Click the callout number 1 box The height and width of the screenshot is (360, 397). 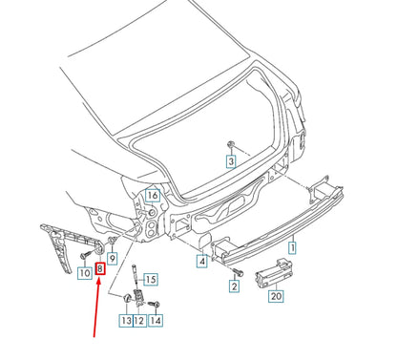[x=293, y=247]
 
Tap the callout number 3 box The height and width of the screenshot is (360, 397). [x=230, y=162]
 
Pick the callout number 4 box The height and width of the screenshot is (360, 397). [x=202, y=260]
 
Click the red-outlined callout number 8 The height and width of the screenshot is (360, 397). [x=101, y=270]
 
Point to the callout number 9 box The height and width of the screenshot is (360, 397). [x=112, y=258]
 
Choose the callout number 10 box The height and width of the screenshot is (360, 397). [x=84, y=270]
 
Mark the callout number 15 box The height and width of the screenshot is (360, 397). [x=151, y=279]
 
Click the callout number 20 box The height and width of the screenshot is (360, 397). [x=276, y=296]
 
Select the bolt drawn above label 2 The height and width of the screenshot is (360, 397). [x=236, y=271]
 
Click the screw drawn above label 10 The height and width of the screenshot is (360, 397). [x=87, y=256]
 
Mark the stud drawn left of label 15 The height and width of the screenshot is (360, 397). [x=137, y=278]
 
